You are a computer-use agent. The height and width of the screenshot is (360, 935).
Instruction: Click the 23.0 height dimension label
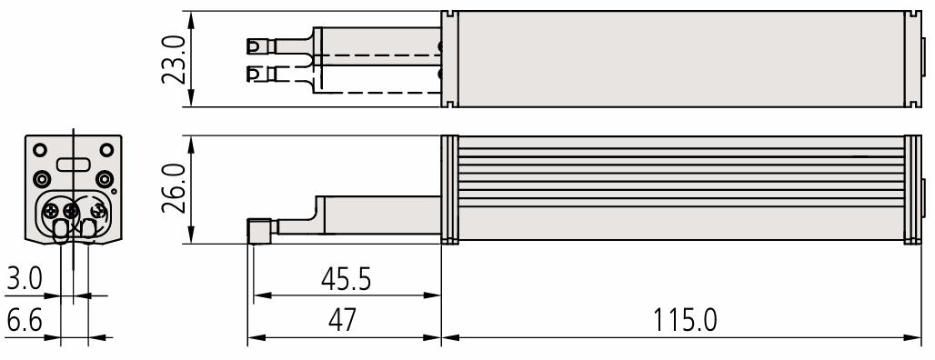(x=175, y=60)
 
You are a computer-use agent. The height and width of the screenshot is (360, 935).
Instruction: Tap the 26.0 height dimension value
(x=175, y=189)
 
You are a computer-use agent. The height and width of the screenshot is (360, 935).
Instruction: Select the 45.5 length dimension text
(x=346, y=279)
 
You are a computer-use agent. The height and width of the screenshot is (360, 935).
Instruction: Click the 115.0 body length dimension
(x=685, y=320)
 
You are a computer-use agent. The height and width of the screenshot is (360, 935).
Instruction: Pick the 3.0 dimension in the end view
(x=25, y=278)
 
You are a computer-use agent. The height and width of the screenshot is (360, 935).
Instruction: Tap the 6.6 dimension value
(x=25, y=322)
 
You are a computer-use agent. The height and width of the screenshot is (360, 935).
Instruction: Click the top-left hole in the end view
(x=39, y=150)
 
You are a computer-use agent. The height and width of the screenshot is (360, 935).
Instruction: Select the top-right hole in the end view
(x=106, y=150)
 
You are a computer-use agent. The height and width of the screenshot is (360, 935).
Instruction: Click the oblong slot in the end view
(x=73, y=164)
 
